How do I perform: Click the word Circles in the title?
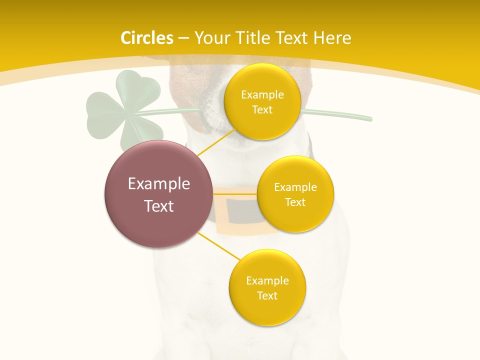147,38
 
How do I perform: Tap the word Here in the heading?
332,38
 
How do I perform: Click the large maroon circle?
158,194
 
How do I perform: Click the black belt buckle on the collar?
242,212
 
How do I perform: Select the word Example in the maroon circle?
159,184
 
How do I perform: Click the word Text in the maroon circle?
159,206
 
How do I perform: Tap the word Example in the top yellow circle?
262,95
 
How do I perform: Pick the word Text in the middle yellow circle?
295,202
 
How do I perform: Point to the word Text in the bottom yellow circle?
267,296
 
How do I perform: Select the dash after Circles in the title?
183,38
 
